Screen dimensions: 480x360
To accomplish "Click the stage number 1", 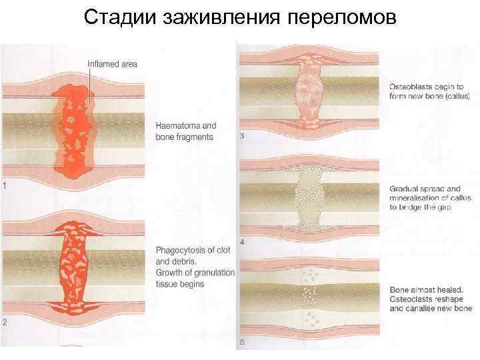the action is (5, 187).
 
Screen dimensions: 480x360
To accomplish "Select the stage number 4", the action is (241, 241).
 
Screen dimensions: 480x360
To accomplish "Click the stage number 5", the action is (241, 344).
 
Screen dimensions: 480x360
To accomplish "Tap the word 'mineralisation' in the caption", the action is (417, 198).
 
